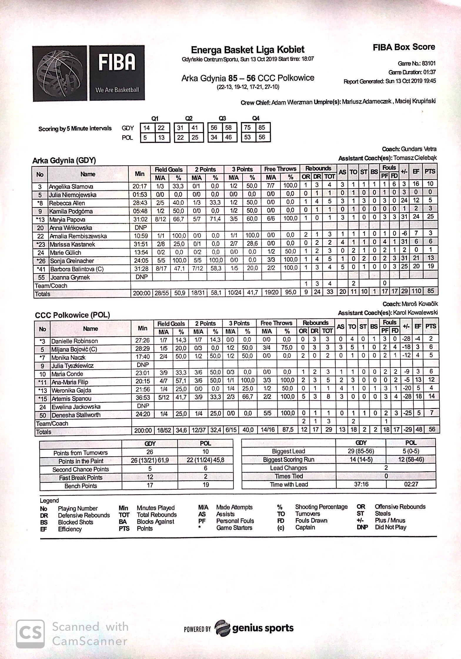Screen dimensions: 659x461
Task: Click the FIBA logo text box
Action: coord(117,73)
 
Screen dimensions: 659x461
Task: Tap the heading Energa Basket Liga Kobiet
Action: coord(248,49)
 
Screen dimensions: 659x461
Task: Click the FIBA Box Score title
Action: coord(404,47)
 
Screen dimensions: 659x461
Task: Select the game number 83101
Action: coord(429,63)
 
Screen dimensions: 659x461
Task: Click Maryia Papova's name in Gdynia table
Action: coord(64,219)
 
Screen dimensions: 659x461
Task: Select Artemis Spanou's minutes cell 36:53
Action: coord(142,398)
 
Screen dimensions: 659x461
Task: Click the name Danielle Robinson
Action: coord(74,341)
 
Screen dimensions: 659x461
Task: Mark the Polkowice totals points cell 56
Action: coord(431,429)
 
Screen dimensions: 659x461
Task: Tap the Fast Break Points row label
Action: coord(81,477)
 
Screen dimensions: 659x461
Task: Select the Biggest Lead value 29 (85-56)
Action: coord(361,451)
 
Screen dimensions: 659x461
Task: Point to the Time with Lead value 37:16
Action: coord(361,484)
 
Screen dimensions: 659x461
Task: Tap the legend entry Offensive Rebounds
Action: coord(400,507)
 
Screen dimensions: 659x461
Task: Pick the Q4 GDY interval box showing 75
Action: coord(248,127)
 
